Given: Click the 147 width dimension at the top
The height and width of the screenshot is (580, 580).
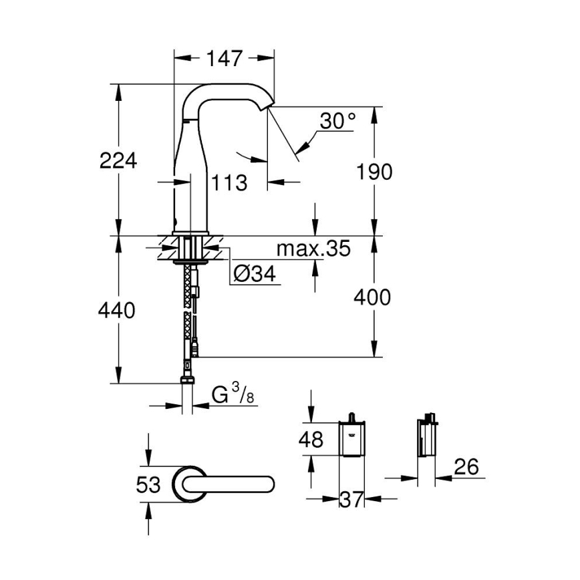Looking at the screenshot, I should tap(223, 59).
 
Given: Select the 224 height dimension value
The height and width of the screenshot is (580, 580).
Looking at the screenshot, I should tap(118, 160).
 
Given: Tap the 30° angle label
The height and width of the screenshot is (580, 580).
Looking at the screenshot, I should tap(337, 122).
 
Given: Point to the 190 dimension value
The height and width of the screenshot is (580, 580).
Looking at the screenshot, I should tap(373, 172).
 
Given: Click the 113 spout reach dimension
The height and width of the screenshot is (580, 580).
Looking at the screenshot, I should tap(229, 182).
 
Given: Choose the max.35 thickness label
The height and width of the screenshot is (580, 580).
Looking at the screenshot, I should tap(313, 249).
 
